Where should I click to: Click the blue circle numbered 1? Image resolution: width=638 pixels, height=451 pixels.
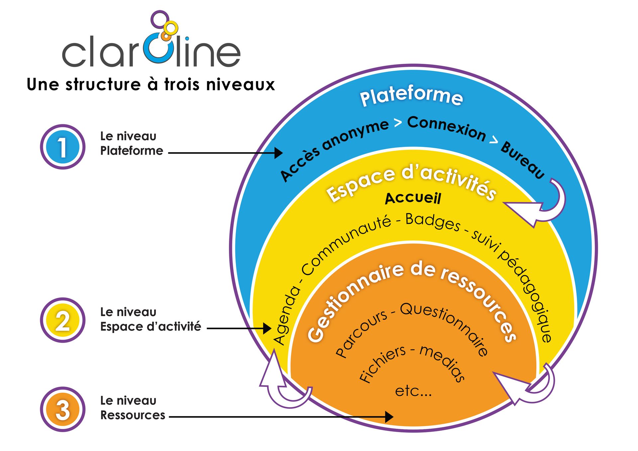click(62, 147)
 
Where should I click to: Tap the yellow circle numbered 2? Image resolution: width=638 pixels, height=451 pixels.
click(62, 320)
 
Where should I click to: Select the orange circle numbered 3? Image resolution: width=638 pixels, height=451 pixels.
click(62, 409)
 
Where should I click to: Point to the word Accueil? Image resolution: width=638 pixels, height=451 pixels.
click(413, 198)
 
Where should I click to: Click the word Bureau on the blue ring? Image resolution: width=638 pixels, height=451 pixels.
click(523, 160)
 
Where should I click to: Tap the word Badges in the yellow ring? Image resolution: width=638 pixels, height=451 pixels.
click(433, 222)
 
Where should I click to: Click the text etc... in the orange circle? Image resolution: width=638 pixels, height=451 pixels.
click(413, 391)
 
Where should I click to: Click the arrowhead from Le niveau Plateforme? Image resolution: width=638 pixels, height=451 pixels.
click(278, 153)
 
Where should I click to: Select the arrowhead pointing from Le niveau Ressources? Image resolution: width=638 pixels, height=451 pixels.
click(389, 416)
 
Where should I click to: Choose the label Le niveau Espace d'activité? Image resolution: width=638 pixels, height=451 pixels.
click(150, 319)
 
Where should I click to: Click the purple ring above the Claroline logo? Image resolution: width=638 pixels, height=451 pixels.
click(160, 19)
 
